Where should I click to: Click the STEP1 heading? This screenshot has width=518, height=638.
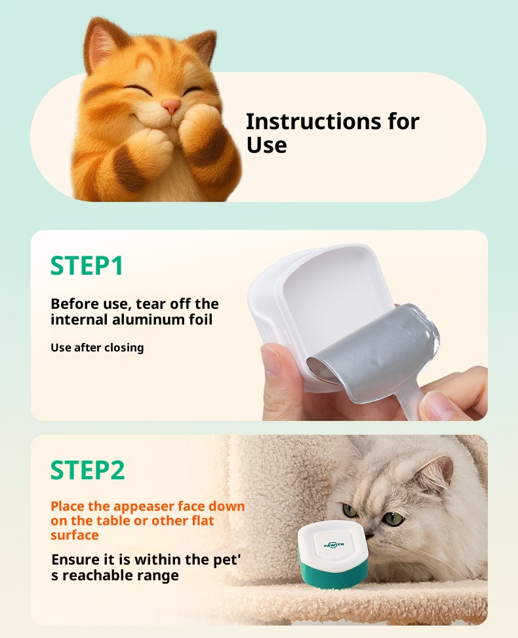(x=87, y=266)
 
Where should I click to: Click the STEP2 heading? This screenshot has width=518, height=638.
(x=87, y=470)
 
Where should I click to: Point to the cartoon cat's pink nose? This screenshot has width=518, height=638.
(x=171, y=106)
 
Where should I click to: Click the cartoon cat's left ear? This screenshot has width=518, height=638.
(x=100, y=43)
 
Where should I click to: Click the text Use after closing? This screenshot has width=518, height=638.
(x=97, y=348)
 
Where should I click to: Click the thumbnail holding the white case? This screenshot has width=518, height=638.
(x=271, y=359)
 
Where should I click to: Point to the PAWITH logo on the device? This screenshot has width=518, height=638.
(x=334, y=544)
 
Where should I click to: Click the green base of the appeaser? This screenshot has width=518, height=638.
(x=334, y=573)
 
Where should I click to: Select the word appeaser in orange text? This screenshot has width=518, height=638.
(x=141, y=507)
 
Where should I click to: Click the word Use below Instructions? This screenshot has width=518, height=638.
(x=266, y=146)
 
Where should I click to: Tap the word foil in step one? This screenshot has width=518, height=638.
(x=201, y=319)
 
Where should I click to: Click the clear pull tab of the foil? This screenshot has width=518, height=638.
(x=411, y=401)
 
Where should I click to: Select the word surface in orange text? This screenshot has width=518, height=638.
(x=75, y=535)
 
